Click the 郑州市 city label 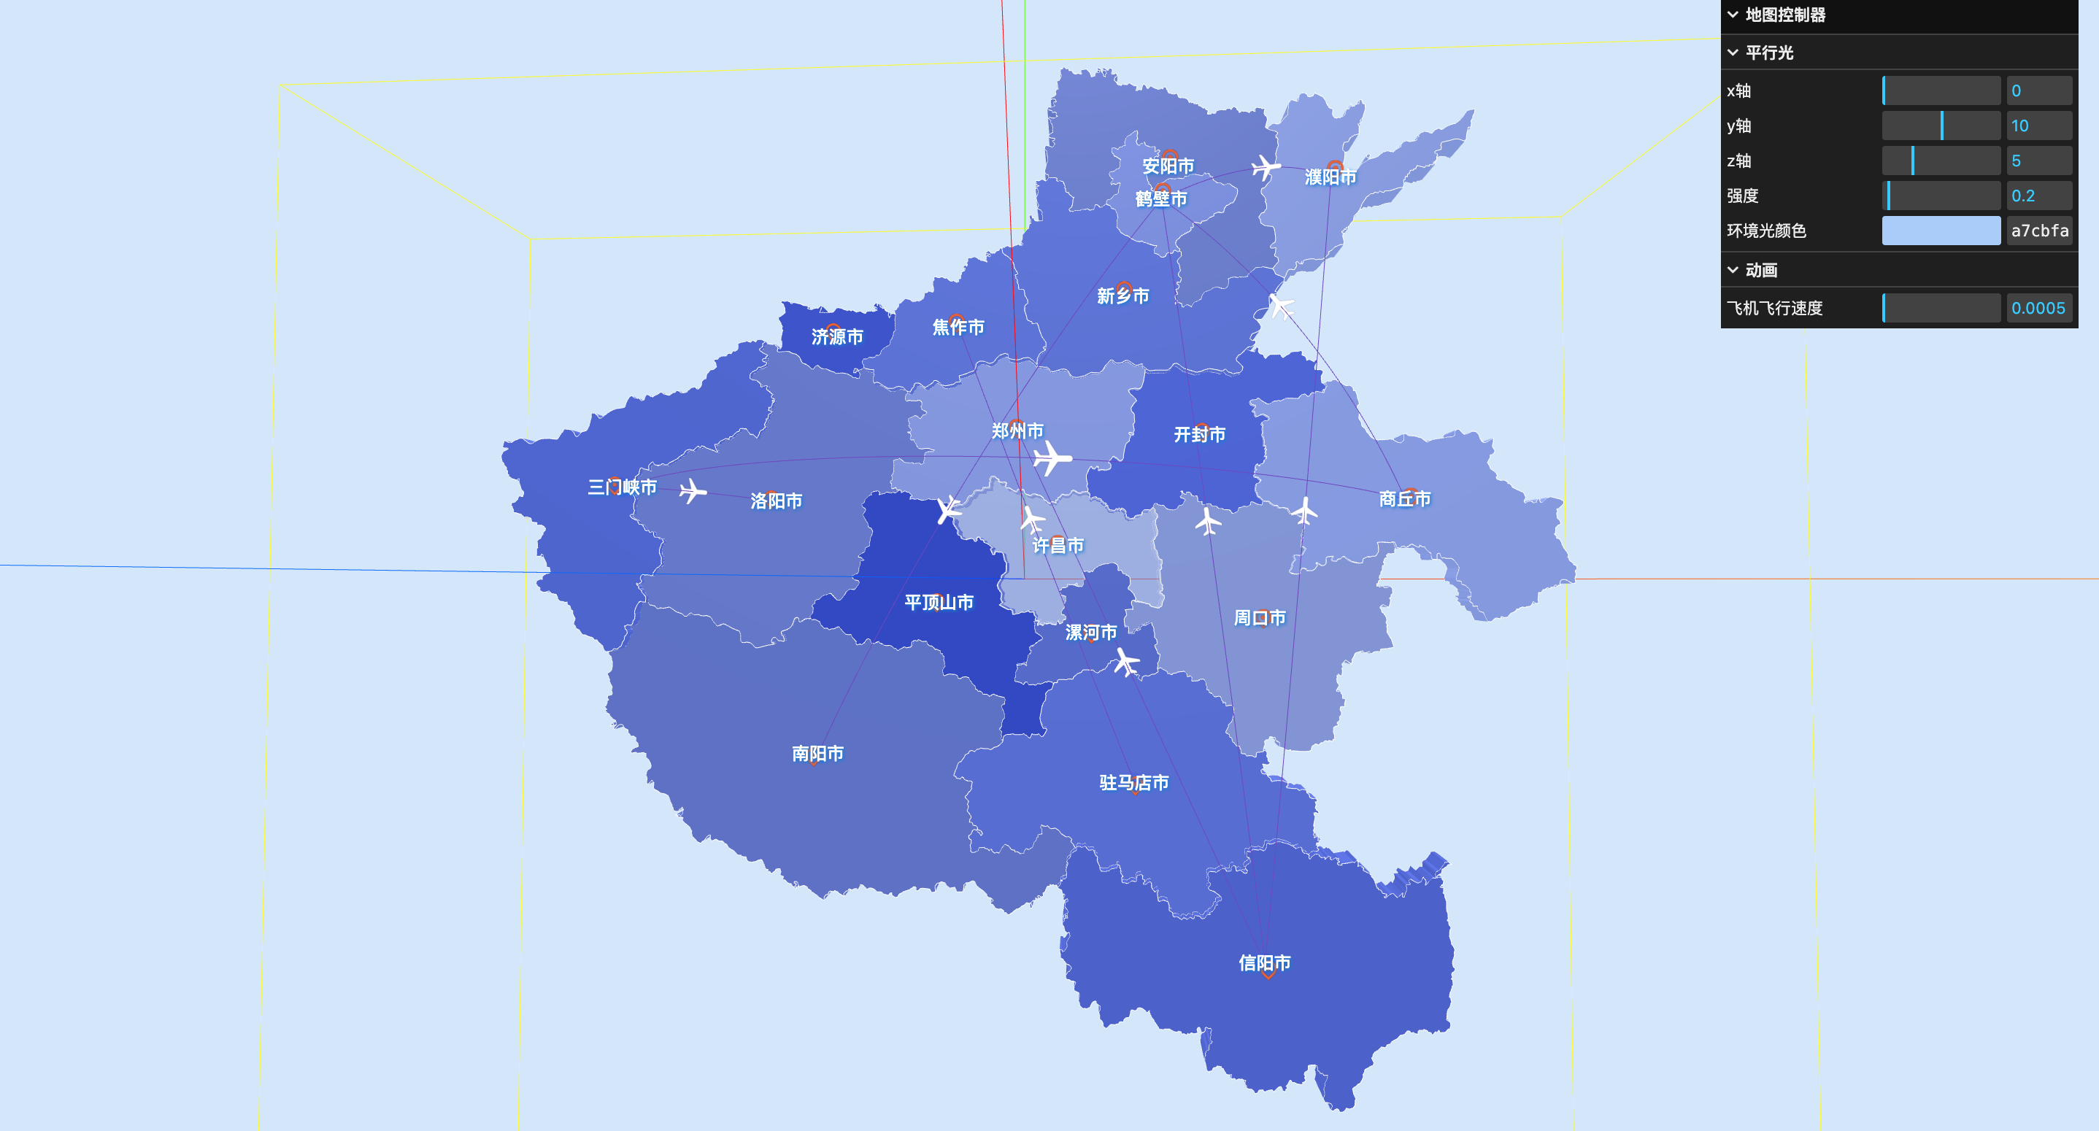[x=1017, y=431]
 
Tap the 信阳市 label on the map [x=1264, y=963]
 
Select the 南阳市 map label [x=817, y=754]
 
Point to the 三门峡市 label [x=623, y=487]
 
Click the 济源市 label [x=837, y=336]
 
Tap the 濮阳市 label [x=1330, y=177]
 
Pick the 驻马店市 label [x=1133, y=783]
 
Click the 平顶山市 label [x=939, y=602]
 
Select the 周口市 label [x=1259, y=617]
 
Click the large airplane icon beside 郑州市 [x=1052, y=458]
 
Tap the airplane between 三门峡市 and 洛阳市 [x=693, y=491]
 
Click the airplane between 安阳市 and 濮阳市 [x=1266, y=167]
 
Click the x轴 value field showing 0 [x=2038, y=90]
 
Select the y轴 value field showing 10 [x=2038, y=126]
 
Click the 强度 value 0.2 [x=2038, y=196]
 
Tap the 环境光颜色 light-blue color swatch [x=1940, y=231]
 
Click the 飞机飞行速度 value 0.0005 [x=2038, y=308]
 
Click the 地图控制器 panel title [x=1784, y=15]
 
